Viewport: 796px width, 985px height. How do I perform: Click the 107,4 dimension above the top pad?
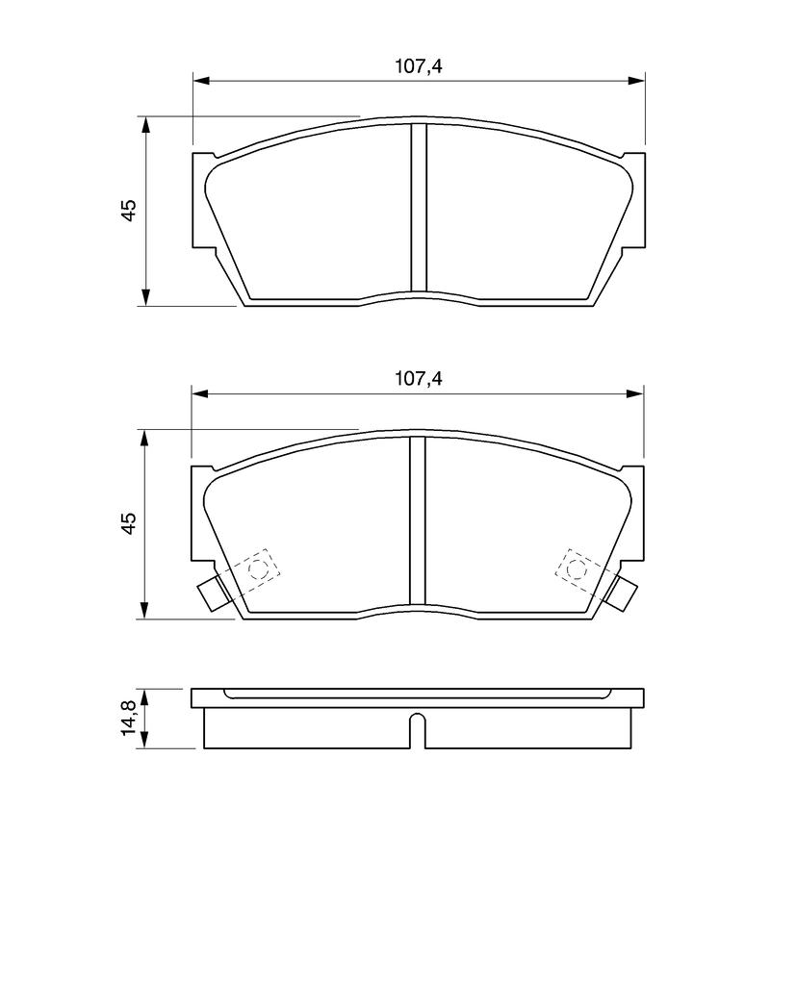click(418, 66)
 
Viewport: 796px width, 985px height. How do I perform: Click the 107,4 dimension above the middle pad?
click(418, 379)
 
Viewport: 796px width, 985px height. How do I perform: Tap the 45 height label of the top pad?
click(128, 210)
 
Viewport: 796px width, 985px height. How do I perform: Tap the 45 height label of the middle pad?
click(128, 523)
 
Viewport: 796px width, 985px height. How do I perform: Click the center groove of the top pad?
click(418, 208)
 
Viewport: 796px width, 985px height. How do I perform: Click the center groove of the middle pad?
click(418, 520)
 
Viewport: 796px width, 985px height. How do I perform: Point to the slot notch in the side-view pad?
click(418, 731)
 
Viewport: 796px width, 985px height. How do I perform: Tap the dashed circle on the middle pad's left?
click(258, 569)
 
